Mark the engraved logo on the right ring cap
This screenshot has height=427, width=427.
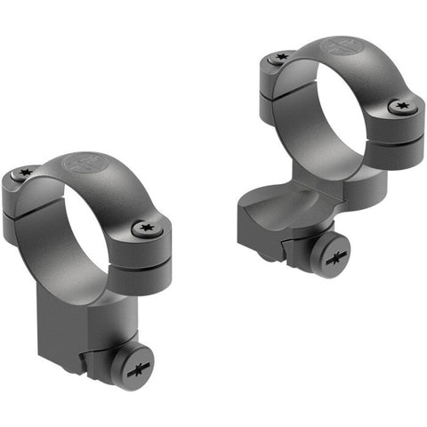[x=342, y=46]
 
